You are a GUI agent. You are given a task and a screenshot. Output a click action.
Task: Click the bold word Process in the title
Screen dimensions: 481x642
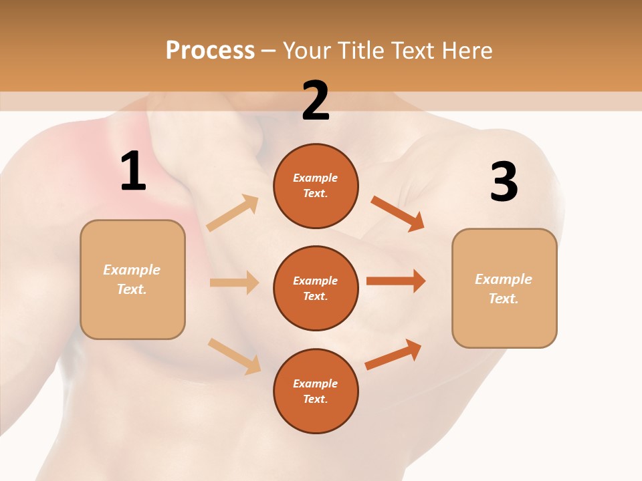210,50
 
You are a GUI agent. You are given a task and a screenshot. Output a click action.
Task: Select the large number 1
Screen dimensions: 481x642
133,172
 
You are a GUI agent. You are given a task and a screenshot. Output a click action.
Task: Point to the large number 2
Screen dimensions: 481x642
316,101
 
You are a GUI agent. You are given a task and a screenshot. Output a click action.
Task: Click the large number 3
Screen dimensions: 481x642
504,182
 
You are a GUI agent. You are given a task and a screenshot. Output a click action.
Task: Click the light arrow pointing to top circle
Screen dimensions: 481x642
232,213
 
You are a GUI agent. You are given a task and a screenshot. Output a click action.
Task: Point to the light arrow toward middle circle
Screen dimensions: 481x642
234,283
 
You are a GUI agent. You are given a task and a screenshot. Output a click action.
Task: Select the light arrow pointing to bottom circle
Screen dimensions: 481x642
234,356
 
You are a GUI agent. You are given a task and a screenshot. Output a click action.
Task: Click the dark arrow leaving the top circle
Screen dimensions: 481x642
397,213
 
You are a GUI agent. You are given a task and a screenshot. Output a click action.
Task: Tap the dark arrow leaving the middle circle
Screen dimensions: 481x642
396,281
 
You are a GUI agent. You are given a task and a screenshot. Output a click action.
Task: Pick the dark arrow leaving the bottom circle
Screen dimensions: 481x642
394,354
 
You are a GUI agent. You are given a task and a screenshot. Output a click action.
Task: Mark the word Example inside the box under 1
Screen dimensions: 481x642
132,270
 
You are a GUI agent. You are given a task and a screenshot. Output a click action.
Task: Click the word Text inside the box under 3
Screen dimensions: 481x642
503,299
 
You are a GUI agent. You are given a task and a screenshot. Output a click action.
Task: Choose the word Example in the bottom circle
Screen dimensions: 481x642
316,383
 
